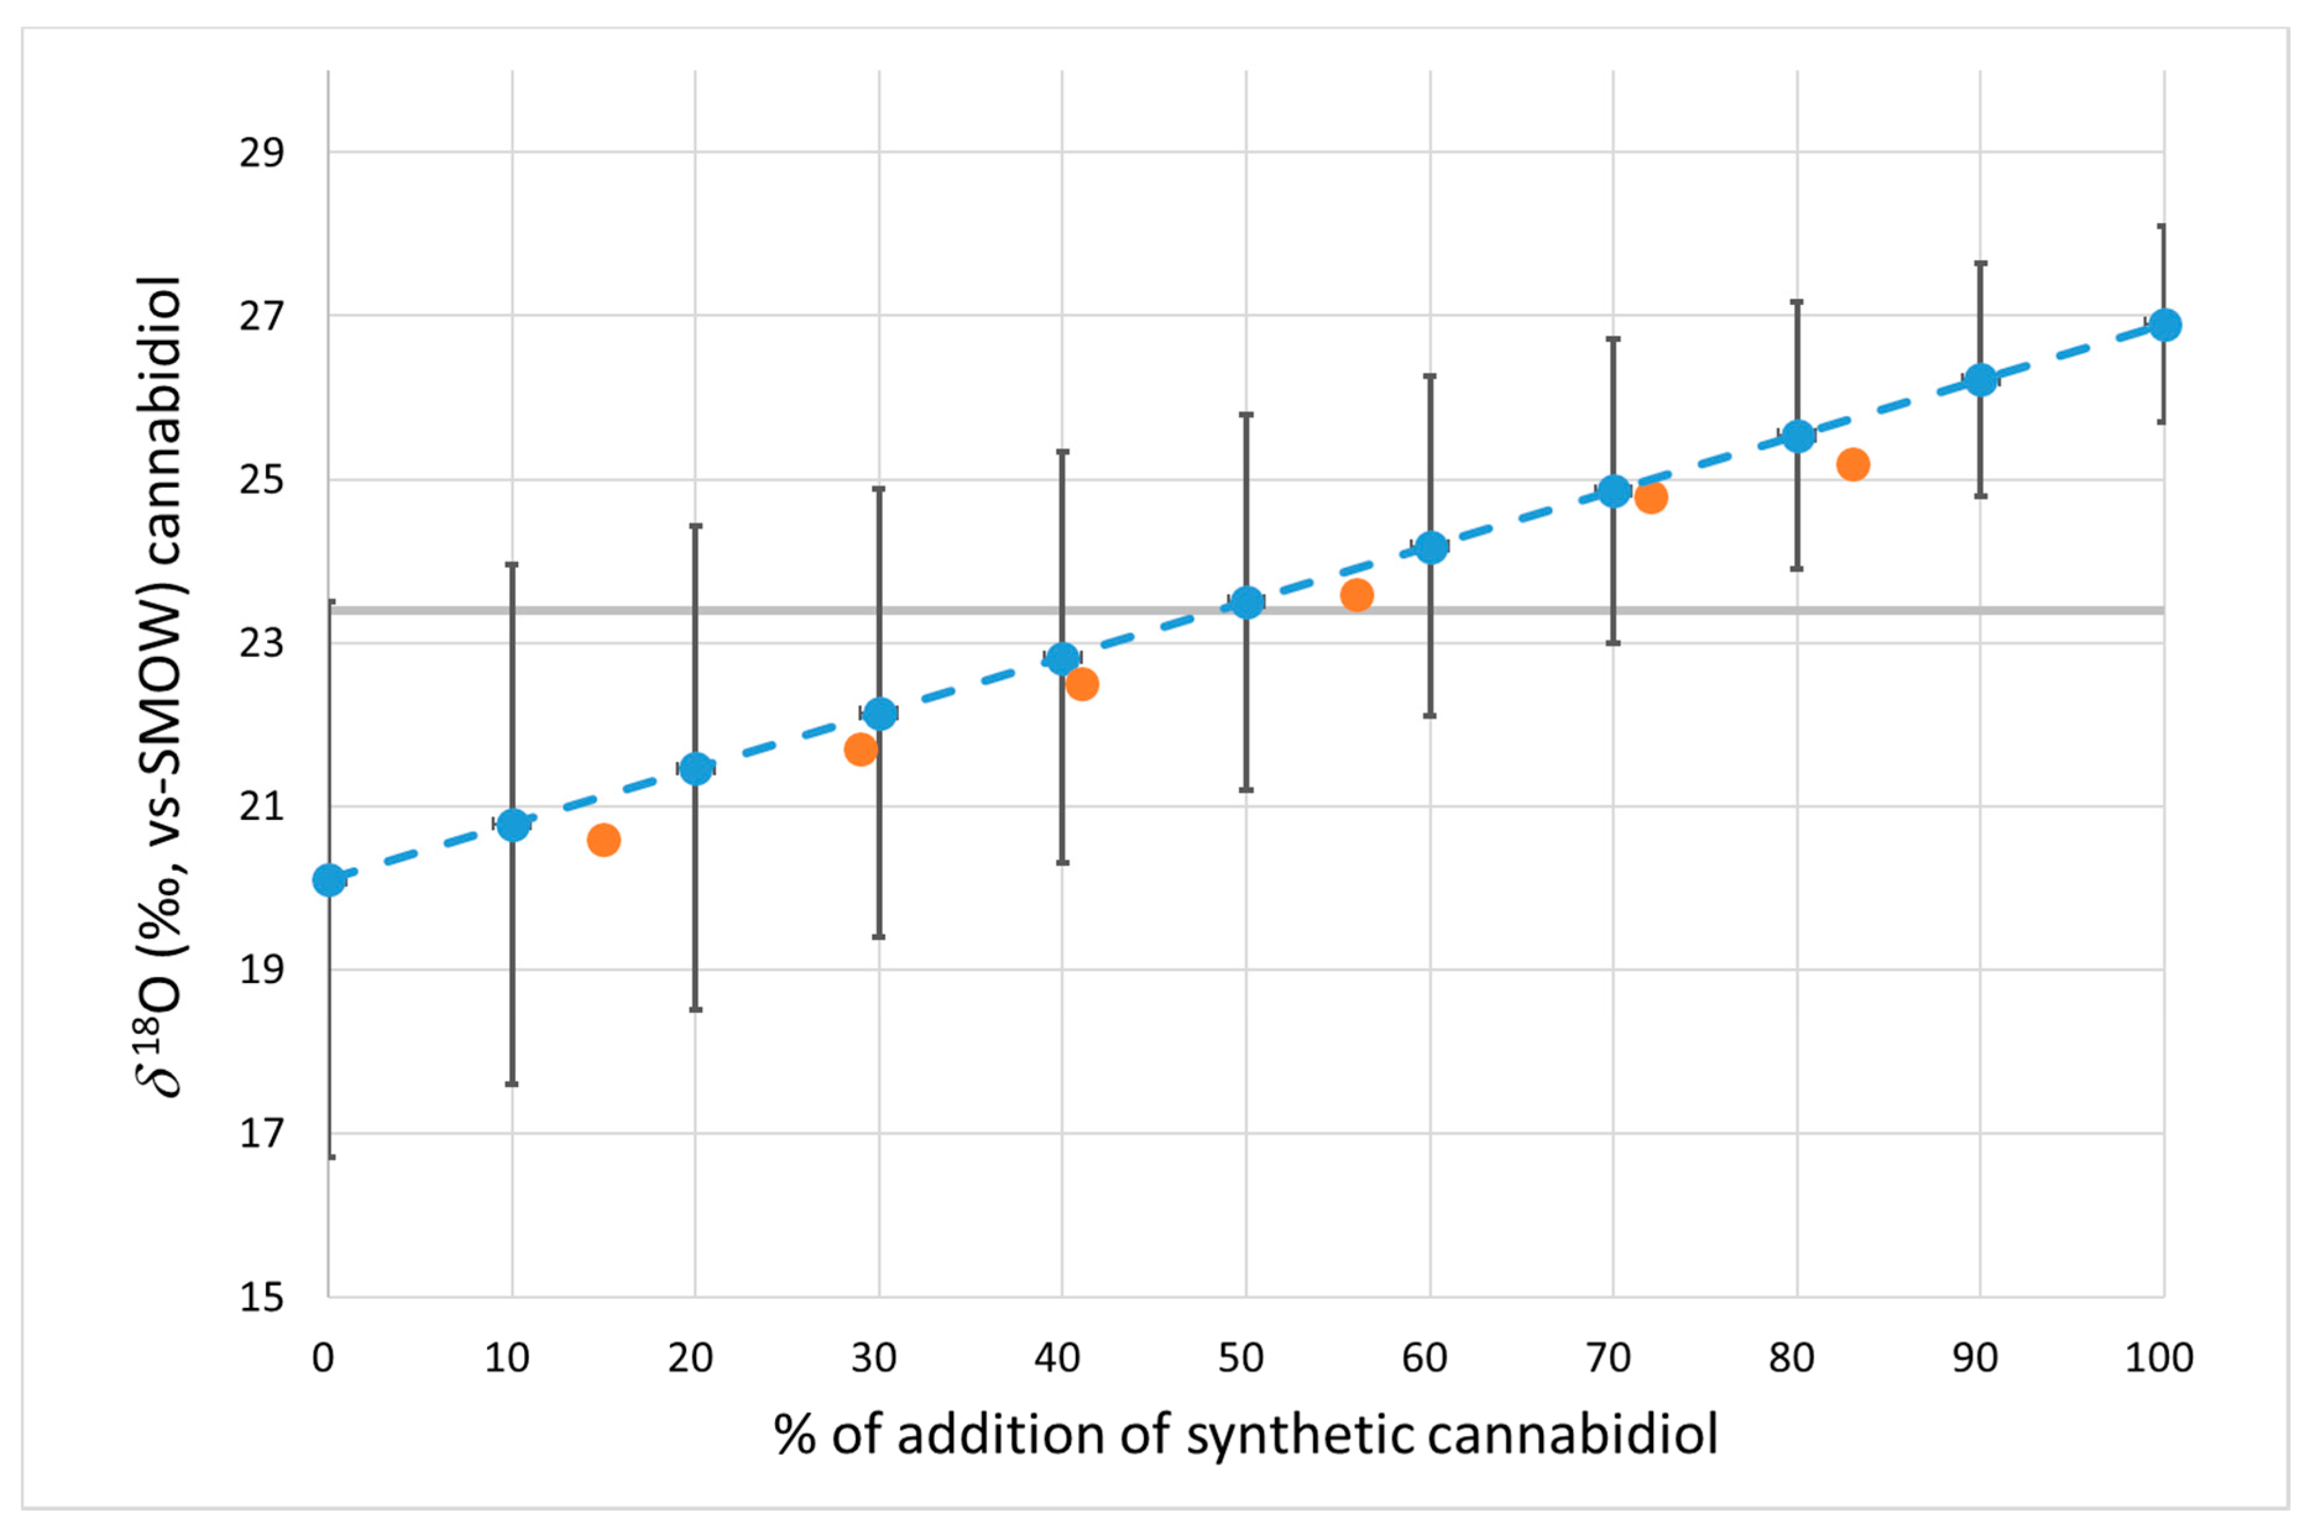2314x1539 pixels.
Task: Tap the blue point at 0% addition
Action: (329, 880)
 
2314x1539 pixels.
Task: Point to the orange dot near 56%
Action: (1356, 595)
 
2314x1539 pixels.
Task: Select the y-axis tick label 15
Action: (261, 1298)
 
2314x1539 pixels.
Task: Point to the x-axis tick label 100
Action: (2159, 1358)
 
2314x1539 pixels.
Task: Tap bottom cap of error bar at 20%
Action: (695, 1009)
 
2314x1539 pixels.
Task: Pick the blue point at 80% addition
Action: (1798, 436)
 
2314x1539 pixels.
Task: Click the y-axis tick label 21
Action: (261, 807)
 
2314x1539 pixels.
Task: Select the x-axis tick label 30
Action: (874, 1358)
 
